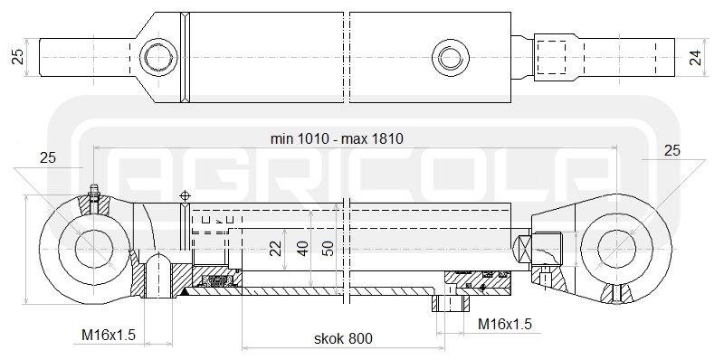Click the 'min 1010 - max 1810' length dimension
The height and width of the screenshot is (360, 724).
[337, 138]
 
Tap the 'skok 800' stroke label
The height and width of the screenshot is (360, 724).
[343, 339]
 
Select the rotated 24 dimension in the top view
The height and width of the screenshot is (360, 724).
[695, 58]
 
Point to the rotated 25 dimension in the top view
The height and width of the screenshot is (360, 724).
[17, 57]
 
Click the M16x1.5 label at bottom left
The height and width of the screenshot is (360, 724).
[109, 335]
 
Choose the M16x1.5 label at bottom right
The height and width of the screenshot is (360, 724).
[505, 324]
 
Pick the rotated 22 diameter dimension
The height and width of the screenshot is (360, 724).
[276, 249]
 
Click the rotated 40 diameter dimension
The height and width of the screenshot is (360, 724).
[302, 249]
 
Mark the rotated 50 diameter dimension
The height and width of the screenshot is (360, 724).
[329, 249]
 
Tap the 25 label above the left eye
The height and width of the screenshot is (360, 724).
[48, 158]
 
